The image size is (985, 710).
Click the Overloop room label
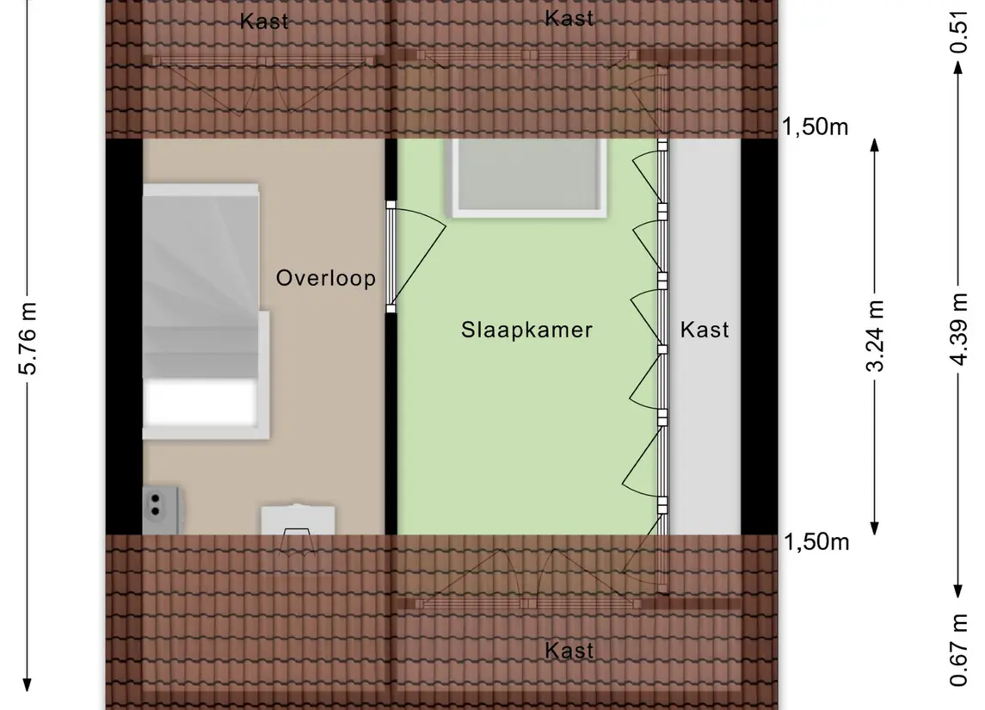pos(325,278)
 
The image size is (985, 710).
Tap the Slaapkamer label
pos(526,330)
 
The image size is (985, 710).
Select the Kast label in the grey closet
pos(705,330)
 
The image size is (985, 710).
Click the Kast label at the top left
pos(264,22)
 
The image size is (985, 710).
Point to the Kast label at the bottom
pos(569,651)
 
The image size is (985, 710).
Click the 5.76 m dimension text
pos(28,339)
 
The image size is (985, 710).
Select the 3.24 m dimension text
pos(875,336)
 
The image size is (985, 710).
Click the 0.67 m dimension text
pos(958,651)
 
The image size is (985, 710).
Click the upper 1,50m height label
pos(816,127)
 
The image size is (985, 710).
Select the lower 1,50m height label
pos(816,541)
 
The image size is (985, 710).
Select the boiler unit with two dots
pos(162,509)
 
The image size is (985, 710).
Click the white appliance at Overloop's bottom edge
pos(298,521)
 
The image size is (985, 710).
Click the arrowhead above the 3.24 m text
pos(874,145)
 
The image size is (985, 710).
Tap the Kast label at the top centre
pos(569,18)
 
